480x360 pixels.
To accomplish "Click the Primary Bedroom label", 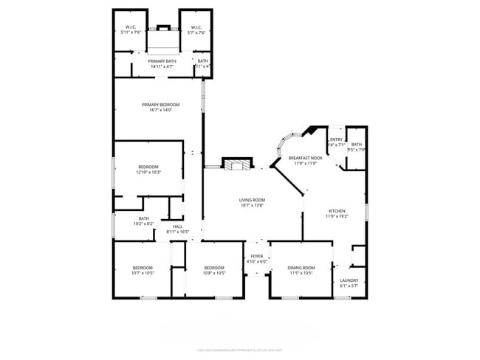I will (x=160, y=105).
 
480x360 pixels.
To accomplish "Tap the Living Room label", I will (x=251, y=200).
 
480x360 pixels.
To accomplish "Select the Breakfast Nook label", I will (x=306, y=158).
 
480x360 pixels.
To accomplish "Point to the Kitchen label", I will (x=336, y=211).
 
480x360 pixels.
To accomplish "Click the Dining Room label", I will (x=301, y=267).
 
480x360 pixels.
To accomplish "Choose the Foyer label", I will (x=257, y=256).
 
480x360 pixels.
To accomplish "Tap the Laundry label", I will (x=349, y=280).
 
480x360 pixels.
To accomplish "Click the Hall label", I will (x=177, y=226).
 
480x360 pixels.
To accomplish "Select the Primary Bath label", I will (x=162, y=61).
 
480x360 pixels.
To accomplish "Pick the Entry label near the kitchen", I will (x=336, y=139).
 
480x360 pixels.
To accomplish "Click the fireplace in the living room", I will (x=237, y=165).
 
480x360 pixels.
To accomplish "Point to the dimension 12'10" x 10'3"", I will (x=148, y=173).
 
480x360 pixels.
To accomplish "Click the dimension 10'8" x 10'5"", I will (x=213, y=273).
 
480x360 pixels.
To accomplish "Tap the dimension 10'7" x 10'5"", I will (x=143, y=273).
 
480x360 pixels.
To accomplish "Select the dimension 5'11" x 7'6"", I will (x=131, y=32).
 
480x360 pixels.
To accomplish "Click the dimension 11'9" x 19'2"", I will (x=336, y=217).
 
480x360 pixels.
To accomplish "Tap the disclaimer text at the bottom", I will (x=239, y=350).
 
